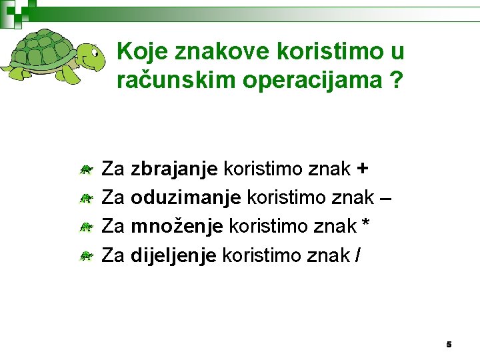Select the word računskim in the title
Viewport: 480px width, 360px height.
171,81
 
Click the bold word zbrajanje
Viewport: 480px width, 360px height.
174,170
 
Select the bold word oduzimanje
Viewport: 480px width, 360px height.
186,198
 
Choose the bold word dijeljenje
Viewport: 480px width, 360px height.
173,255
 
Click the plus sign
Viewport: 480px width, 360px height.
362,169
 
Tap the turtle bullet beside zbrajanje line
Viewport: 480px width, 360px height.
85,171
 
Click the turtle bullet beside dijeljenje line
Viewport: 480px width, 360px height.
85,255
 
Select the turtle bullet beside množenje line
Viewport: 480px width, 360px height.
85,227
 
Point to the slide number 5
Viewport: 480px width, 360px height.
449,345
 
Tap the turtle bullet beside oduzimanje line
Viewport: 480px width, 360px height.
85,199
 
